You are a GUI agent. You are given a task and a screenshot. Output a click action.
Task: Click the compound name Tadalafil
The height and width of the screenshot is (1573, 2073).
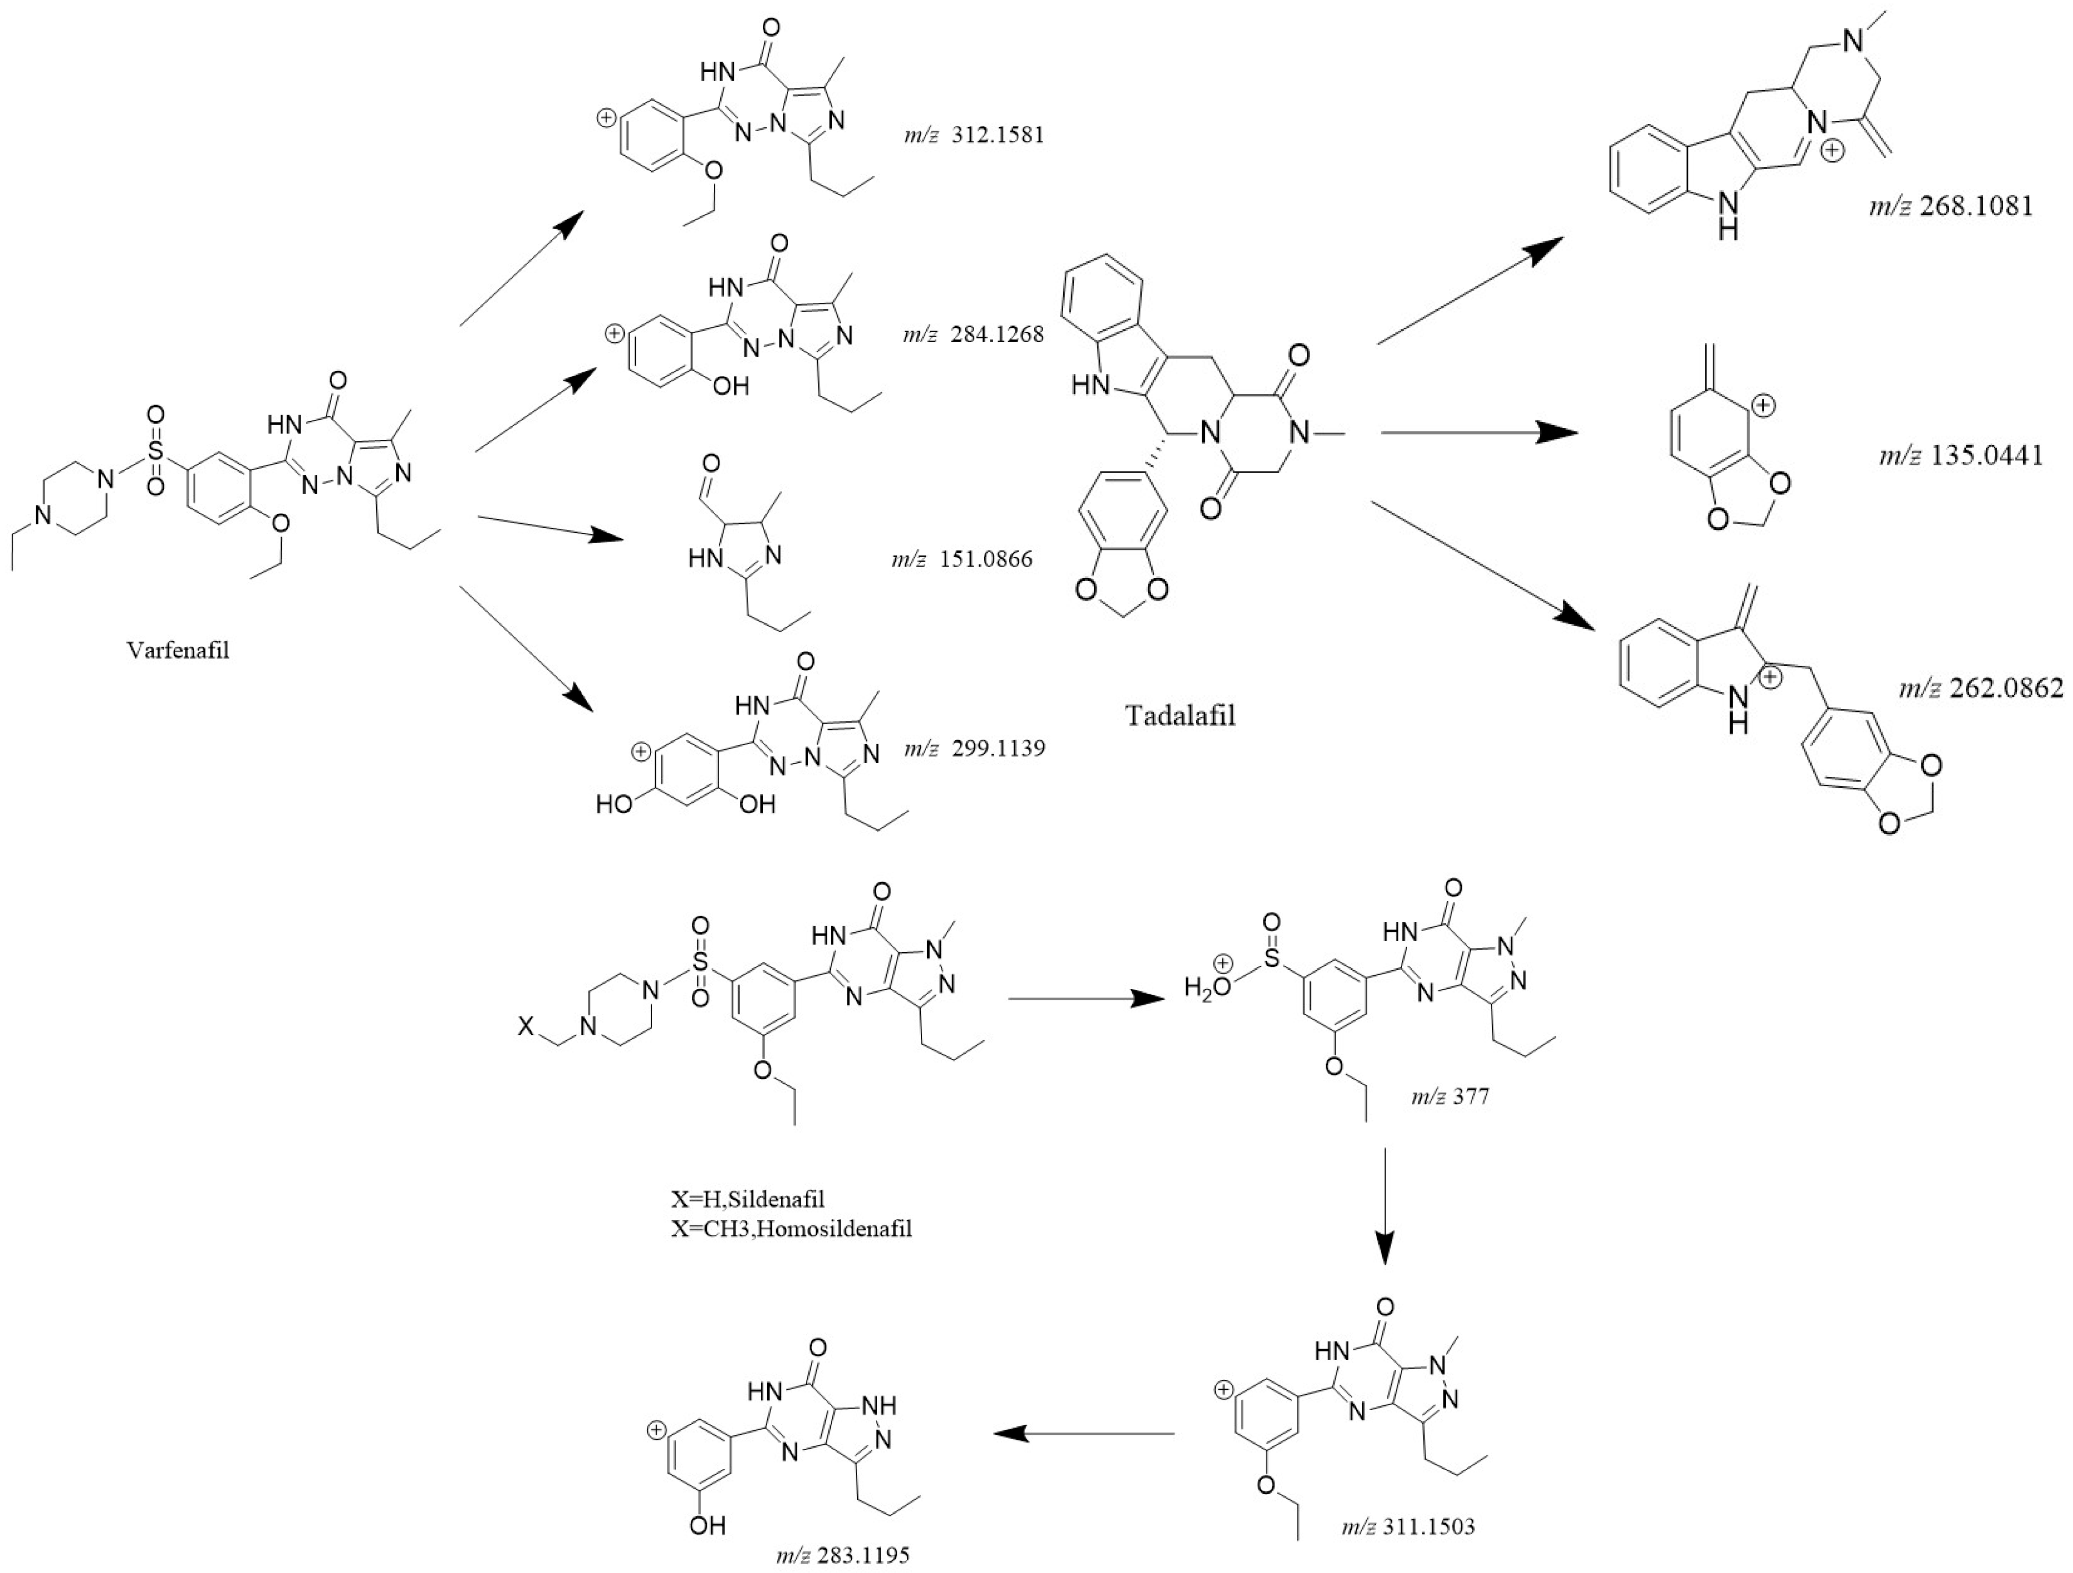[1180, 715]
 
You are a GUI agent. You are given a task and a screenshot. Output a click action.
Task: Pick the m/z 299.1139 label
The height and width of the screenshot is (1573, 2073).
[974, 749]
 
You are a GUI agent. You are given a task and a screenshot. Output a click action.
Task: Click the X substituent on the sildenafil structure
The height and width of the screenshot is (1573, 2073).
[526, 1028]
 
